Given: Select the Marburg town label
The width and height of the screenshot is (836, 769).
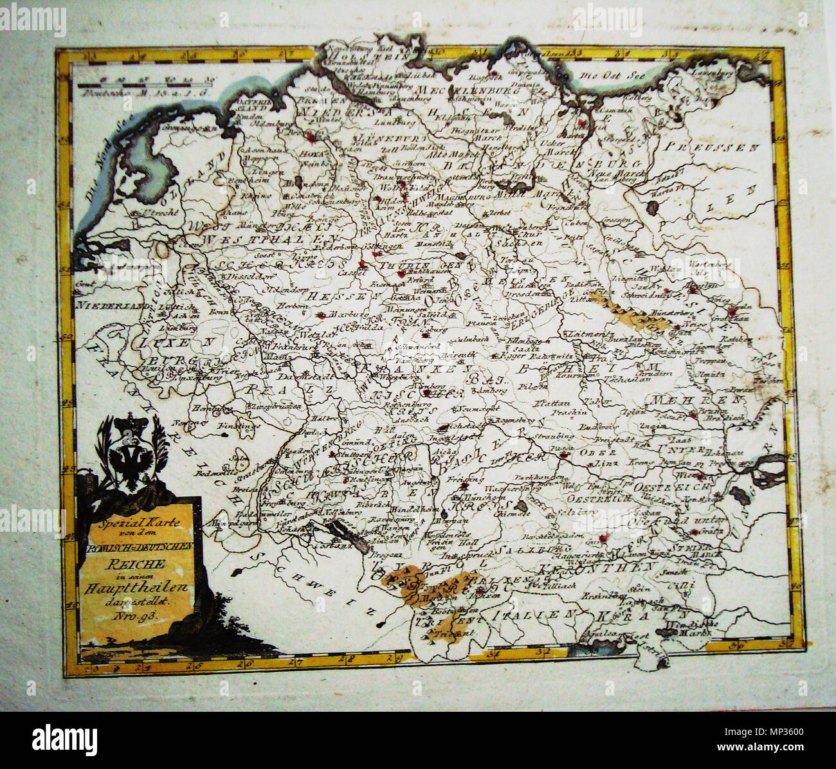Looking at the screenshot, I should [x=341, y=315].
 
